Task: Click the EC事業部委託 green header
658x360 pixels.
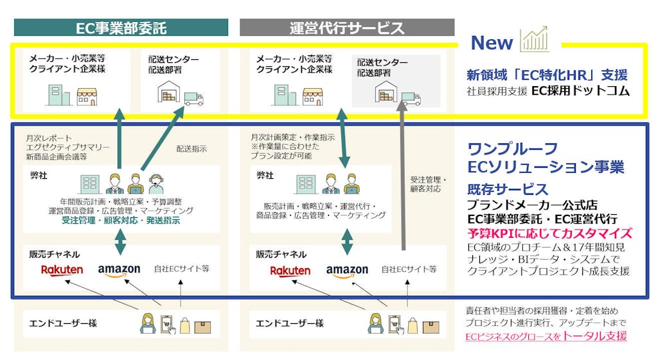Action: click(121, 28)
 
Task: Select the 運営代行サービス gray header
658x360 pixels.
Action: click(347, 28)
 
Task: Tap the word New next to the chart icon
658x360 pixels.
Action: click(492, 42)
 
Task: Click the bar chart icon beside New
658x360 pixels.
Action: click(535, 40)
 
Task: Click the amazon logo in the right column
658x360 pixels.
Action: click(347, 271)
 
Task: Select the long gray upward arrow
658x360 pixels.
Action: click(403, 180)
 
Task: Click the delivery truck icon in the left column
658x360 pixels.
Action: click(193, 98)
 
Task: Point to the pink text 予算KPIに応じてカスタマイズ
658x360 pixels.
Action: click(549, 233)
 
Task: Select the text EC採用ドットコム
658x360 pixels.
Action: click(580, 91)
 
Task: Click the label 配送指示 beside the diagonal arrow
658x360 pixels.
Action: click(191, 148)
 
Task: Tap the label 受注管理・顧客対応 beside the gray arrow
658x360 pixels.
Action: click(428, 184)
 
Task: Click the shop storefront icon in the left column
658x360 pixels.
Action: click(87, 96)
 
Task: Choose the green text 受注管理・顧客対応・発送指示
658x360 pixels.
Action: click(121, 221)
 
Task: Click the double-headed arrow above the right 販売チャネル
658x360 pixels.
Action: click(347, 239)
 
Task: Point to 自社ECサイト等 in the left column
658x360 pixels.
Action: click(182, 269)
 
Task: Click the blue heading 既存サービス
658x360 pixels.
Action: click(508, 190)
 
